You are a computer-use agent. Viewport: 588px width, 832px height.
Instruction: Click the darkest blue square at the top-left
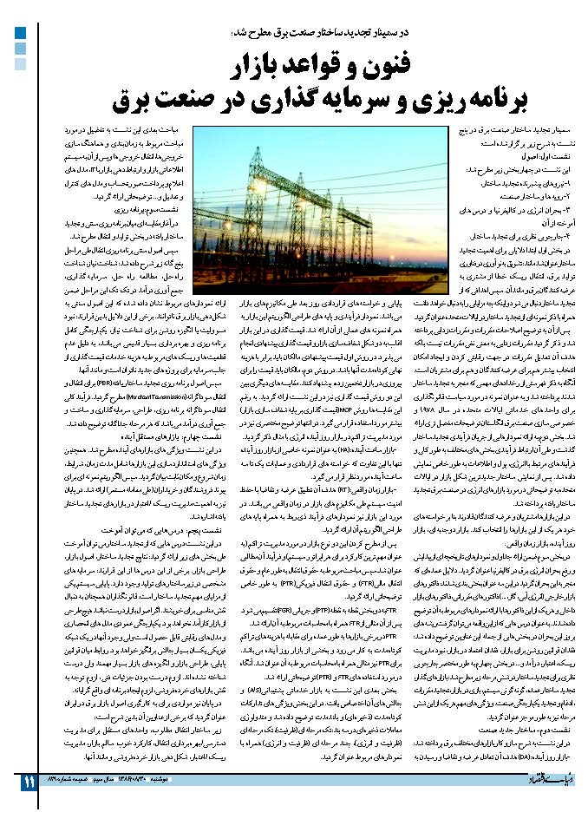[20, 34]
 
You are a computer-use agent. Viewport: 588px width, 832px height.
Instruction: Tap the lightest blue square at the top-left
[20, 63]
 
